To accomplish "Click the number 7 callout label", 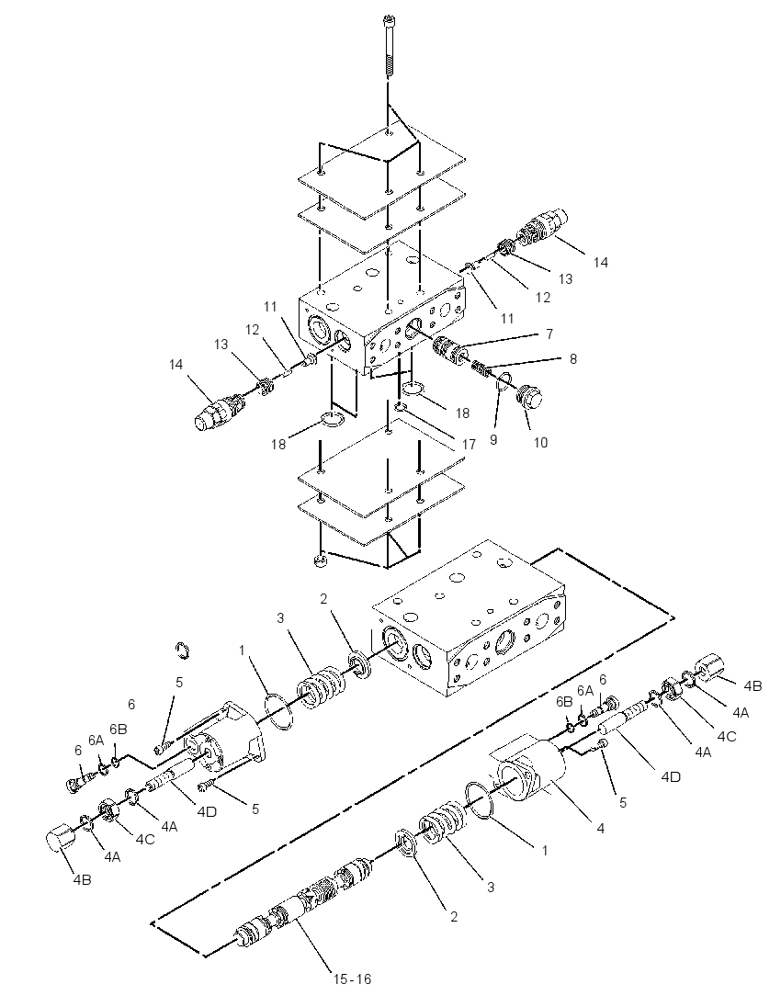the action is (549, 334).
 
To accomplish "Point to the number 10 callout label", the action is (541, 443).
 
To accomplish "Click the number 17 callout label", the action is (469, 445).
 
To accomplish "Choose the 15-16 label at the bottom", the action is (352, 979).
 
